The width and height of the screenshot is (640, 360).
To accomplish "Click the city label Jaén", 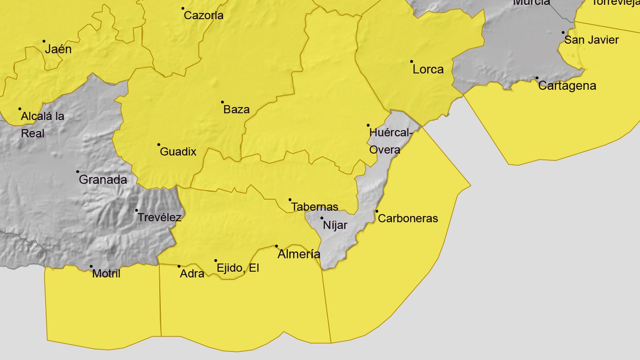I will (x=58, y=49).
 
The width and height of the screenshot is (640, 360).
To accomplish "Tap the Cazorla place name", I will (x=204, y=16).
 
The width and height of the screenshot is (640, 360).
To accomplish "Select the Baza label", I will (x=236, y=109).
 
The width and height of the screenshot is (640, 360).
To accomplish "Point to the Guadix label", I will (x=178, y=152).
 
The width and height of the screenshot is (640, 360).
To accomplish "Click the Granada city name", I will (x=103, y=180).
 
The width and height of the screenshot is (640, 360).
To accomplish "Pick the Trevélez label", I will (x=159, y=217).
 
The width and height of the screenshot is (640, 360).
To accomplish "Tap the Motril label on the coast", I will (x=106, y=274).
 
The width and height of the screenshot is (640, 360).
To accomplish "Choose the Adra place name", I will (x=192, y=274).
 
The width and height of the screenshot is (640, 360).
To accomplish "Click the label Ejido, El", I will (x=238, y=268).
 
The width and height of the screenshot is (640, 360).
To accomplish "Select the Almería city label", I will (x=299, y=254).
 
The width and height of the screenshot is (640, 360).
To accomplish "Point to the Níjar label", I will (x=335, y=225).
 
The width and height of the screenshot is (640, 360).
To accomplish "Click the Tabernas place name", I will (x=314, y=207).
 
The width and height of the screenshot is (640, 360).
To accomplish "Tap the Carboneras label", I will (x=408, y=218).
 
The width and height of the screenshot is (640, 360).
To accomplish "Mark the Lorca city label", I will (x=428, y=70).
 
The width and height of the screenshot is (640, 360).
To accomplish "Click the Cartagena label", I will (x=567, y=86).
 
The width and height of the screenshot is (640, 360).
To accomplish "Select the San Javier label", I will (x=591, y=40).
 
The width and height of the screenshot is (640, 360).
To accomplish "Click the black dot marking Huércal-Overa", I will (x=368, y=125).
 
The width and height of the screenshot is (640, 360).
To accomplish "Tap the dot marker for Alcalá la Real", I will (x=20, y=109).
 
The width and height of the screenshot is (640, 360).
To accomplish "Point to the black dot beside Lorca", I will (x=412, y=62).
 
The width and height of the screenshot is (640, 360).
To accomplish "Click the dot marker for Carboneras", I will (x=376, y=211).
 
